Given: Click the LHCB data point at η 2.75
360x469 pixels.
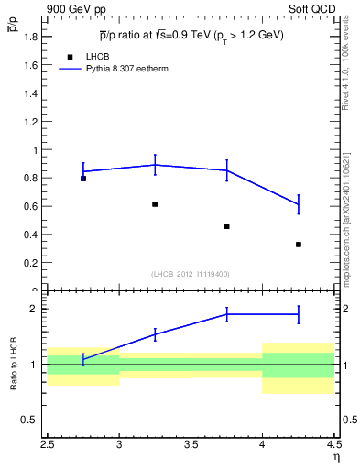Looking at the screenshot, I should tap(83, 179).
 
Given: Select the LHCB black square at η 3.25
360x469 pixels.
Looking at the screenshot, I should tap(155, 204).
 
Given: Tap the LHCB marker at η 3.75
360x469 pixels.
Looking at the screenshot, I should tap(226, 226).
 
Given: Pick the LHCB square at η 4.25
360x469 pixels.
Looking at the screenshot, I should tap(299, 245).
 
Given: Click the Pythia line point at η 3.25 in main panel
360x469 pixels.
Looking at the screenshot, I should tap(155, 165).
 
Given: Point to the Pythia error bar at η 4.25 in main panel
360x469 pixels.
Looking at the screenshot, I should tap(299, 203).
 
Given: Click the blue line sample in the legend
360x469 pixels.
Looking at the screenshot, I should tap(76, 68).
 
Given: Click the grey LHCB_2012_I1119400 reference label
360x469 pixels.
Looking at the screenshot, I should tap(191, 273).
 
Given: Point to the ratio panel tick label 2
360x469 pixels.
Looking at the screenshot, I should tap(34, 309).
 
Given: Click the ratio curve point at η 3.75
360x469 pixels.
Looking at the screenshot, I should tap(226, 314).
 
